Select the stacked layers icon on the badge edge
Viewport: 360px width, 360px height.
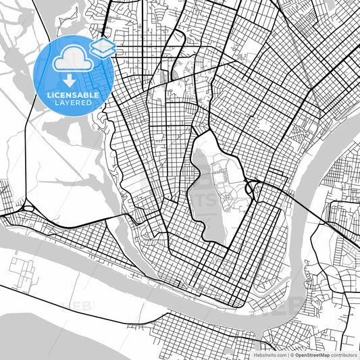coord(103,47)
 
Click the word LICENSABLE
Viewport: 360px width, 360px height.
coord(72,95)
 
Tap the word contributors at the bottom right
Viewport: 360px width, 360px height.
coord(345,354)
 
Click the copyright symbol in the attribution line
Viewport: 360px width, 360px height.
coord(290,354)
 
